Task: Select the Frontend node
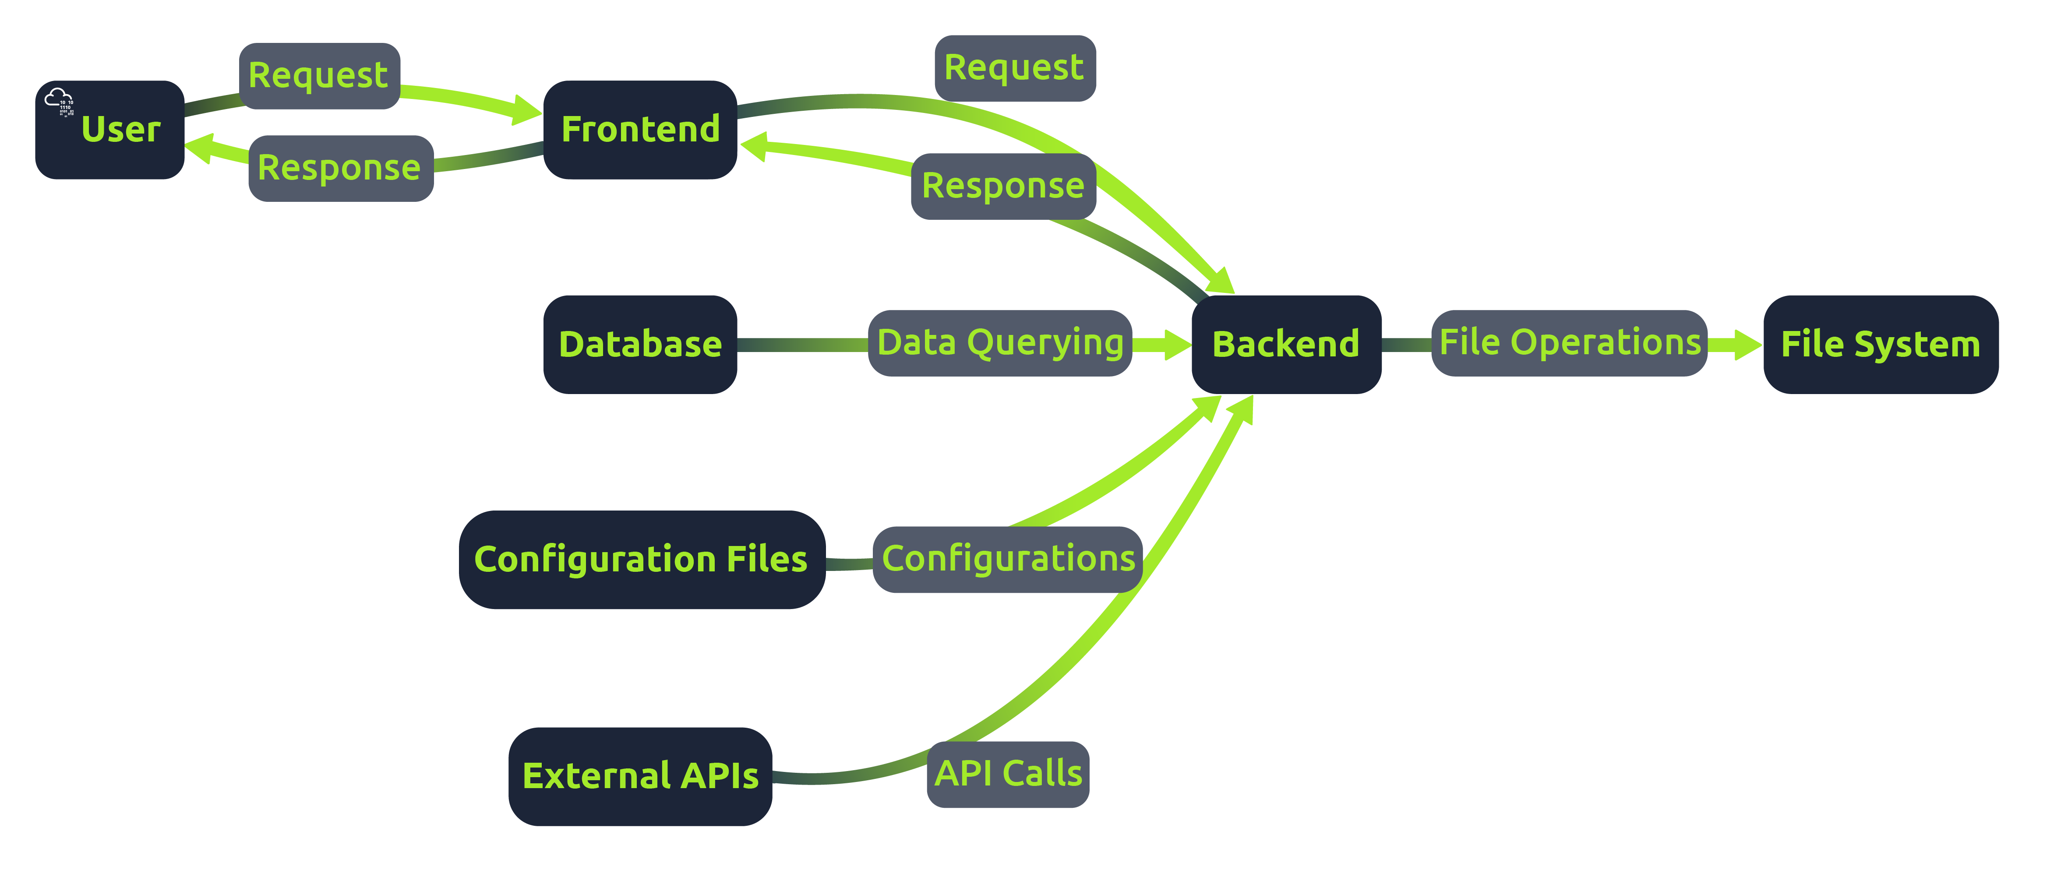(x=639, y=130)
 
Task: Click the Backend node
(x=1286, y=344)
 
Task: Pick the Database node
(x=639, y=344)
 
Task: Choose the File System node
(x=1880, y=344)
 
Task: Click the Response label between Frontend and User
(x=340, y=168)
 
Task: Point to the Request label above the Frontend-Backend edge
(x=1014, y=68)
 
